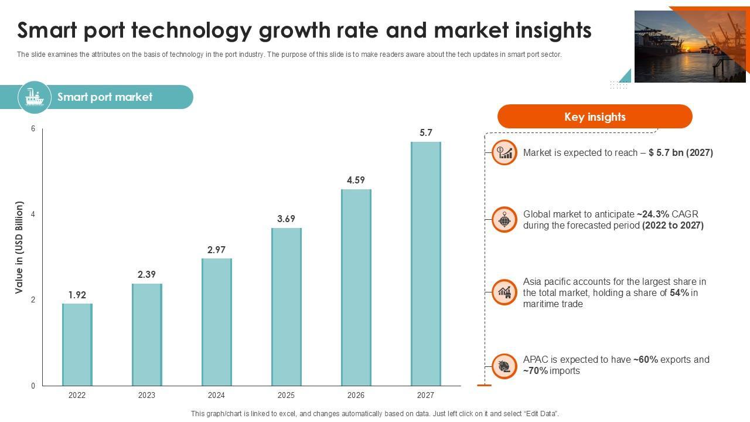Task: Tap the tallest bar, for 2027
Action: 426,264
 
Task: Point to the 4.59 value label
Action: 356,180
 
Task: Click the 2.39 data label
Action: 146,274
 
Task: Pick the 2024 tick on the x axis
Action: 216,395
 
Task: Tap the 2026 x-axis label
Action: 356,395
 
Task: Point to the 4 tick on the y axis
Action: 33,215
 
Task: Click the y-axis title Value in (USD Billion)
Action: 19,247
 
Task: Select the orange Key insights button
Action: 595,117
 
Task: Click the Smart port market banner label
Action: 105,97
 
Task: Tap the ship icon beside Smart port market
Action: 35,97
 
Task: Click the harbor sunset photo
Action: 690,47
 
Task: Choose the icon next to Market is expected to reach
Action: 504,152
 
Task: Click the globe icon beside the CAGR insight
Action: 504,219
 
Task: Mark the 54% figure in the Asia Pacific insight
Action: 679,292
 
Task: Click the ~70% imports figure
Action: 536,370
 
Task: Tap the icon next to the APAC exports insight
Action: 504,366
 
